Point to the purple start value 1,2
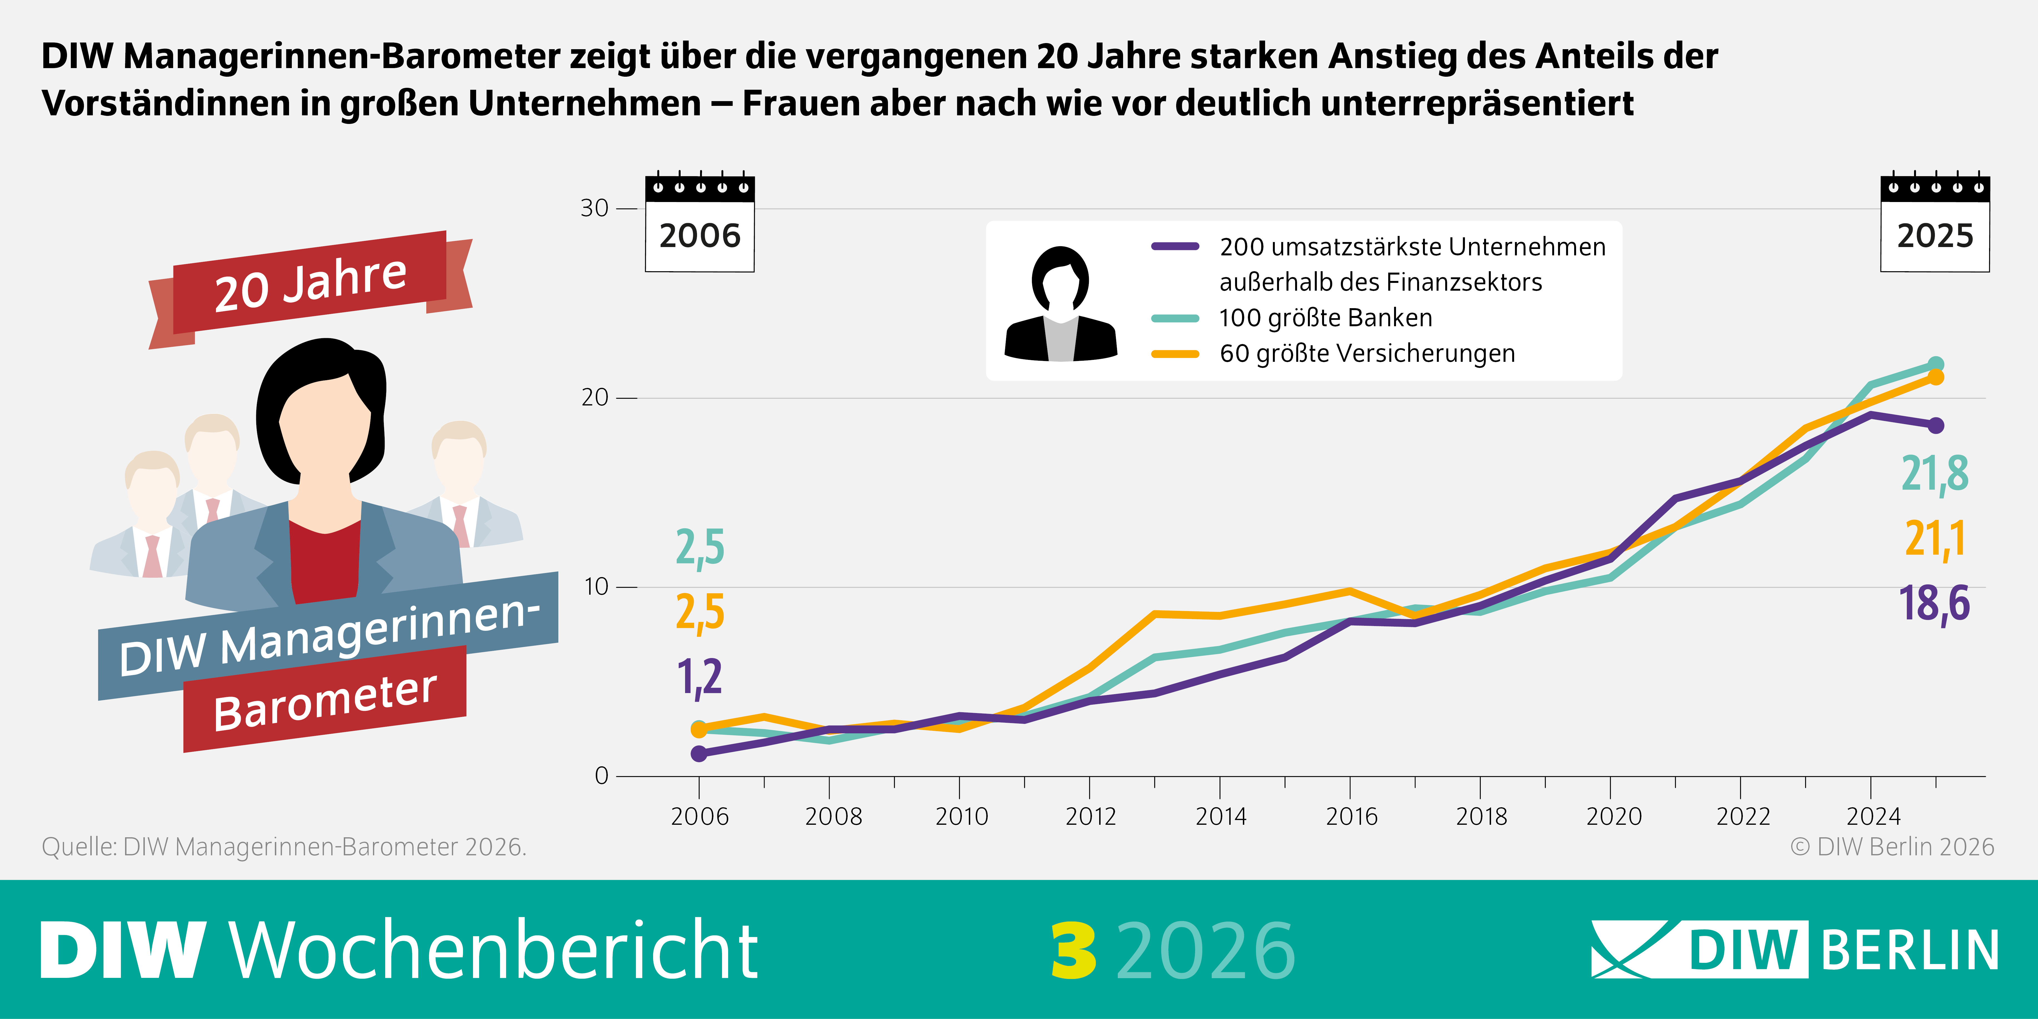point(699,677)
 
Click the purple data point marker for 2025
point(1935,426)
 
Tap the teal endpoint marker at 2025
point(1935,365)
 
